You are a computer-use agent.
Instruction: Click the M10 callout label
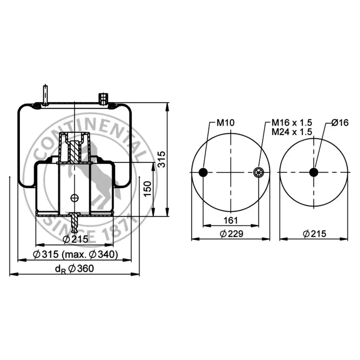(x=225, y=123)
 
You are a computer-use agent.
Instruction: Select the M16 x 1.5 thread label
(x=291, y=123)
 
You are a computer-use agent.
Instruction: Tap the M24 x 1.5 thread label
(x=291, y=132)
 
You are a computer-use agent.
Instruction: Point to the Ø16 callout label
(x=340, y=123)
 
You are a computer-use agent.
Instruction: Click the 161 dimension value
(x=231, y=220)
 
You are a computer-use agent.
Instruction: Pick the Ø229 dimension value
(x=231, y=234)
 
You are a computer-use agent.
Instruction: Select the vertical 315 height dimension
(x=162, y=159)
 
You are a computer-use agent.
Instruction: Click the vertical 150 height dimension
(x=148, y=189)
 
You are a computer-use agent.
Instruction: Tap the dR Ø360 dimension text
(x=75, y=269)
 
